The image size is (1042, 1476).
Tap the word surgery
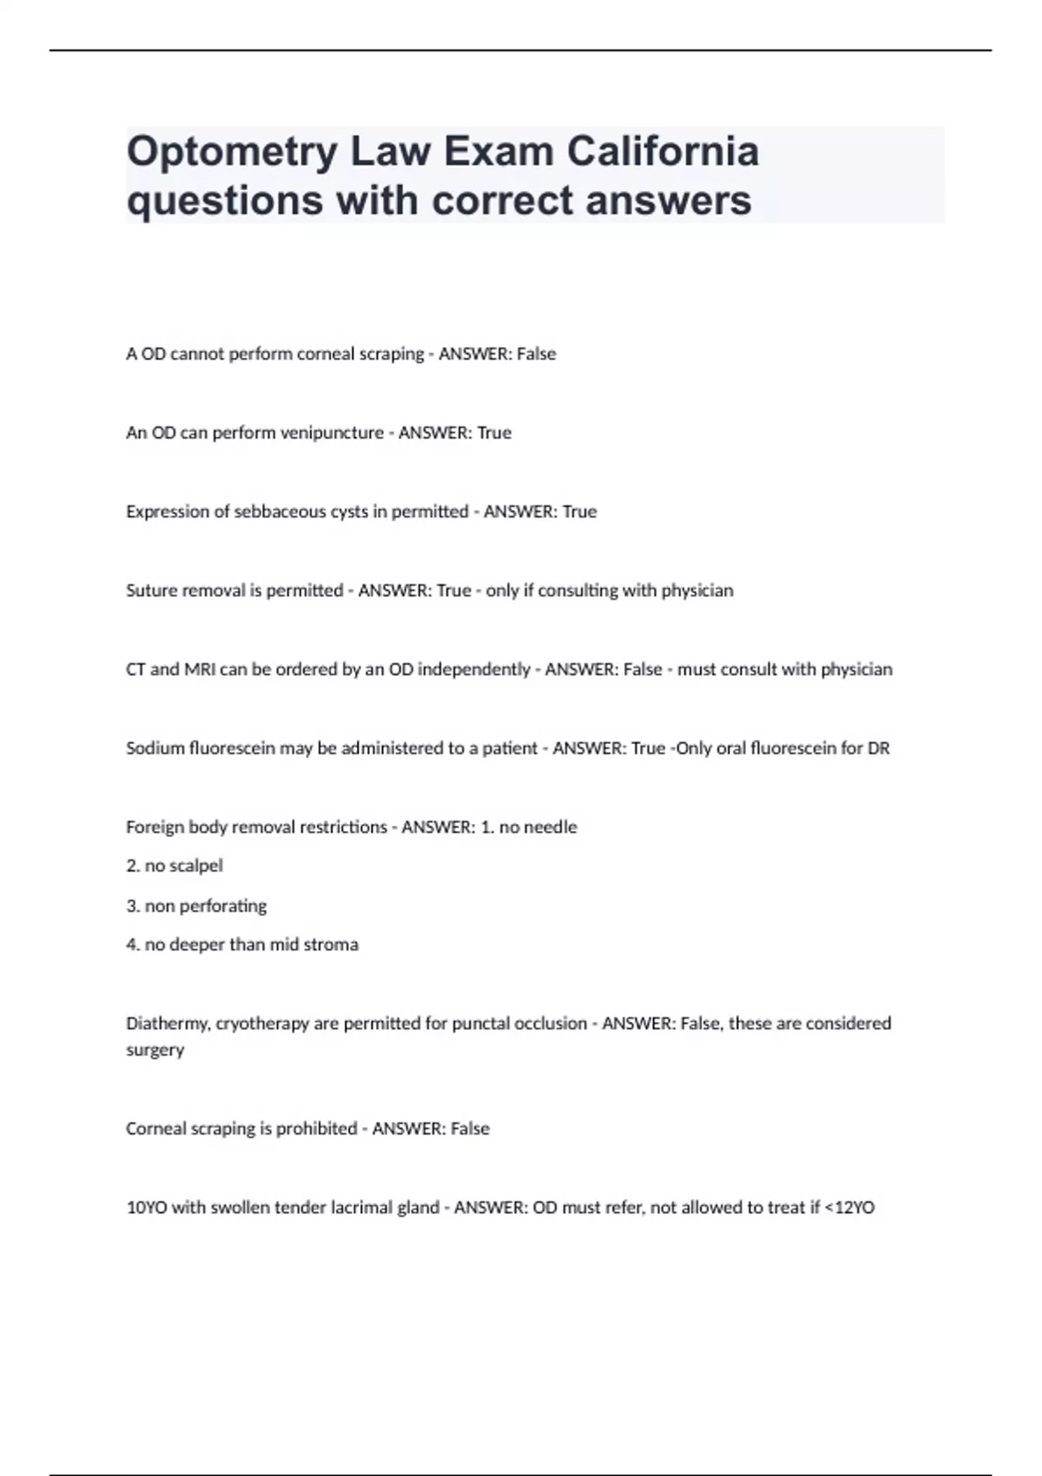tap(155, 1050)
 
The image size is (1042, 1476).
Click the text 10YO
tap(146, 1208)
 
